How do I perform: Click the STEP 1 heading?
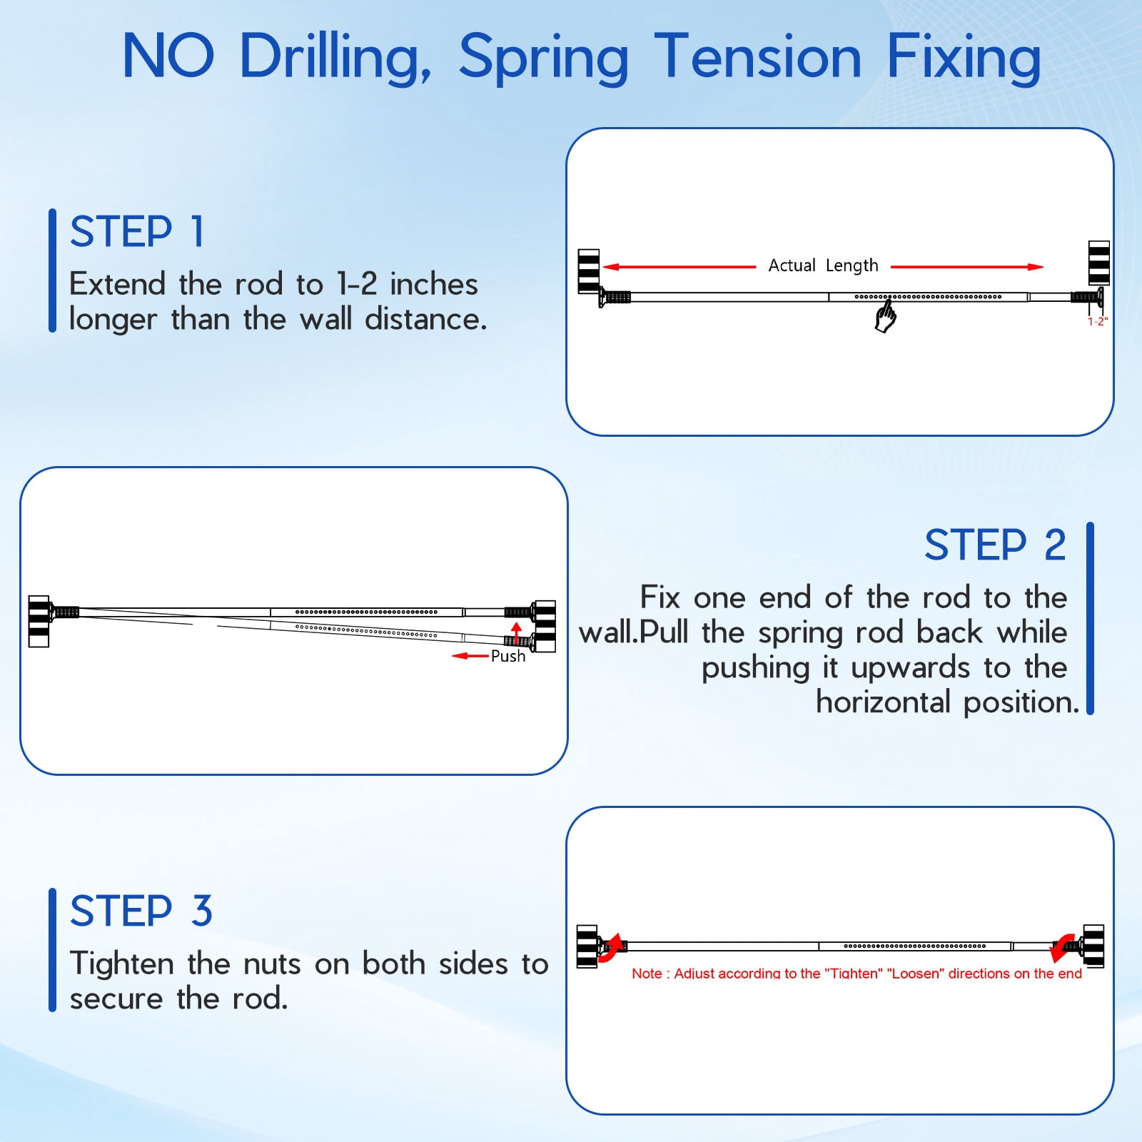click(137, 232)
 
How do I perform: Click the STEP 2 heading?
click(995, 546)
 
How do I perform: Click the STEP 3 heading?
click(141, 911)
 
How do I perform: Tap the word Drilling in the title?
click(335, 58)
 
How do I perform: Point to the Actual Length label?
click(823, 266)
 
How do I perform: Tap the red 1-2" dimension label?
click(1097, 322)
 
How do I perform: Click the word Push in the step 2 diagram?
click(508, 656)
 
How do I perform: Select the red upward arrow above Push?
click(517, 632)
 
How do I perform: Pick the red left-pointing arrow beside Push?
click(470, 656)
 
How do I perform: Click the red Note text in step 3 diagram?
click(856, 974)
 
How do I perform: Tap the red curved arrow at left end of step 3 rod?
click(611, 949)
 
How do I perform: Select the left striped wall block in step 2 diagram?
click(39, 621)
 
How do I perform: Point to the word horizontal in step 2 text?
click(884, 702)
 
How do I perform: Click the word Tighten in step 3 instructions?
click(122, 964)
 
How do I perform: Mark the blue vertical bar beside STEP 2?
click(1090, 618)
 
